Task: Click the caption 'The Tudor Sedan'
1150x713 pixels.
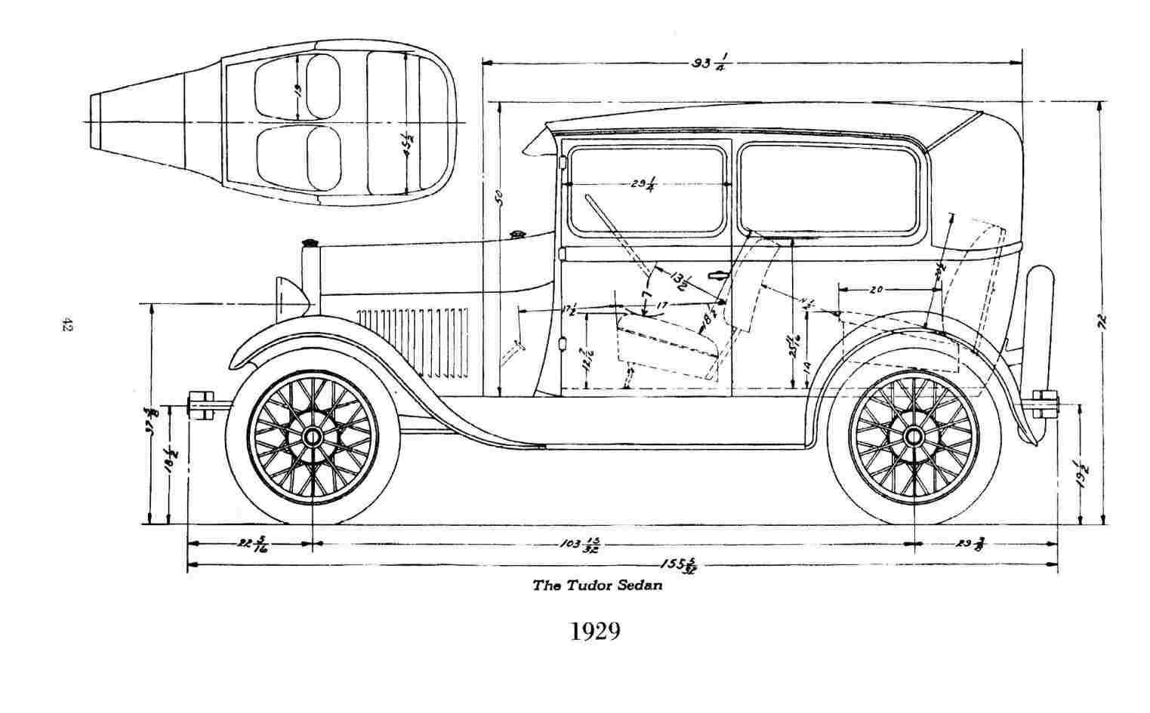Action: (x=597, y=585)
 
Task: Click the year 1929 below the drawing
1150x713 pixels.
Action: (x=595, y=631)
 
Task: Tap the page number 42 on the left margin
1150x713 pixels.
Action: (x=66, y=325)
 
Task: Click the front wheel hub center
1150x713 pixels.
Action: (x=312, y=436)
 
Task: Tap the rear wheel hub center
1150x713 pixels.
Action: (x=913, y=436)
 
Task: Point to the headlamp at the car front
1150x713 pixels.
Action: (x=291, y=297)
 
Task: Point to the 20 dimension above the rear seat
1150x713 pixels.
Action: (x=877, y=289)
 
